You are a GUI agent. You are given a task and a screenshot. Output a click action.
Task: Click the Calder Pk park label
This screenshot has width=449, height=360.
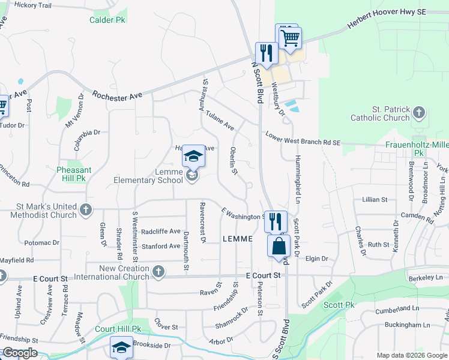tap(107, 20)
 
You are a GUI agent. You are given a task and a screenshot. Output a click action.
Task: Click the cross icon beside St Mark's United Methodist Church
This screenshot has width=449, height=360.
tap(86, 210)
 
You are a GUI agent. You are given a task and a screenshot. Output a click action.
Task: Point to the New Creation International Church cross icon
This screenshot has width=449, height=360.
tap(158, 272)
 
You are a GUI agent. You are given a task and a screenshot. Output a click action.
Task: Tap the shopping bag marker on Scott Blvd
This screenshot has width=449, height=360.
tap(279, 247)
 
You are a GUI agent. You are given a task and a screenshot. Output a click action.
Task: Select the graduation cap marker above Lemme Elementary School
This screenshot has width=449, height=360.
tap(193, 157)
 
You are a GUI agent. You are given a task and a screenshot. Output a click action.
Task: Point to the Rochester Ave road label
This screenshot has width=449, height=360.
tap(117, 95)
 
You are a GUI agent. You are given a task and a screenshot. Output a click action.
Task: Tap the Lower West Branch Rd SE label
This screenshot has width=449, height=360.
tap(303, 139)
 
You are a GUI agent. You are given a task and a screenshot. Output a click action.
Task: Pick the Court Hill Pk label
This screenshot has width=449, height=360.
tap(118, 329)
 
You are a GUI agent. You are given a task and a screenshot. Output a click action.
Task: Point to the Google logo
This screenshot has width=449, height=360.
tap(19, 353)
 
